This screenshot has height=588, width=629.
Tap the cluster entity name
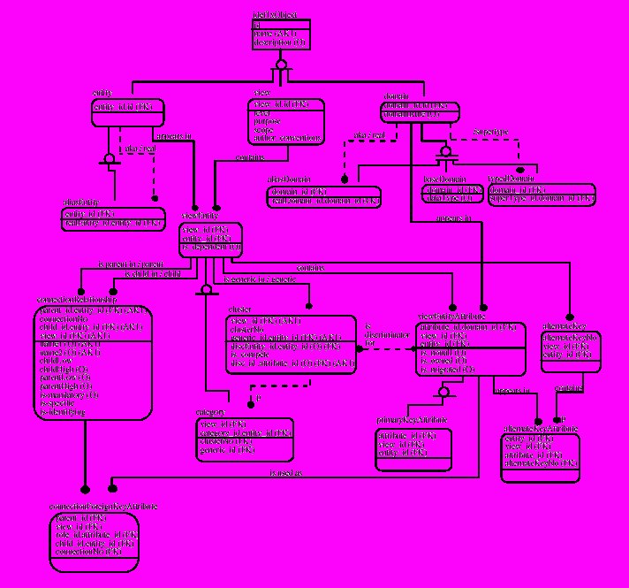(x=240, y=310)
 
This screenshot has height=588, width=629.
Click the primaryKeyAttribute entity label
(x=412, y=419)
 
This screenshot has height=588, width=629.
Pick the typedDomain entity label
(x=508, y=179)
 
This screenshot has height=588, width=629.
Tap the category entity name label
(x=210, y=413)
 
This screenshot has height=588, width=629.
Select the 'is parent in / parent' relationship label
(x=131, y=264)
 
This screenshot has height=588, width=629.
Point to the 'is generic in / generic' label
(x=260, y=279)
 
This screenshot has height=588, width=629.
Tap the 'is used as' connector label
(x=284, y=474)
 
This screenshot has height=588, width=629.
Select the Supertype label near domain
(x=491, y=131)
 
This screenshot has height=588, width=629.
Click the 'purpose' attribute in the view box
(x=268, y=121)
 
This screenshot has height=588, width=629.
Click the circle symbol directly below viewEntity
(x=207, y=289)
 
